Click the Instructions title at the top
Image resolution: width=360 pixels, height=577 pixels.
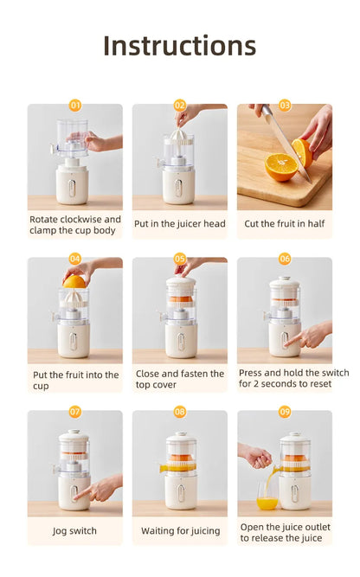pyautogui.click(x=179, y=45)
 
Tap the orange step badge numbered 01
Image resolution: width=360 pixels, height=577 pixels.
pyautogui.click(x=75, y=106)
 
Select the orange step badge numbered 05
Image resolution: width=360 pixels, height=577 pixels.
pyautogui.click(x=180, y=259)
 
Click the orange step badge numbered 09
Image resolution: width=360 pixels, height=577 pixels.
pyautogui.click(x=285, y=412)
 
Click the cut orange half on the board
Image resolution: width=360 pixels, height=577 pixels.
pyautogui.click(x=280, y=167)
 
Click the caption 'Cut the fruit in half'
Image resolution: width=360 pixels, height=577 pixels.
pyautogui.click(x=285, y=224)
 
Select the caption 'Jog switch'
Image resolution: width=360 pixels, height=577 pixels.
pyautogui.click(x=75, y=530)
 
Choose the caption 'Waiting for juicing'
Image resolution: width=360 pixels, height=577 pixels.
pyautogui.click(x=180, y=530)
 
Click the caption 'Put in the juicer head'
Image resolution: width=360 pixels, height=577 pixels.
pyautogui.click(x=180, y=224)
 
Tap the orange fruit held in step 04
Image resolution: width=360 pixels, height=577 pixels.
pyautogui.click(x=74, y=281)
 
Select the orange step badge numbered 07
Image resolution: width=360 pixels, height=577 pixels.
pyautogui.click(x=75, y=412)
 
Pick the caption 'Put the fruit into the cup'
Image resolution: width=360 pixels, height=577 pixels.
pyautogui.click(x=75, y=380)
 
